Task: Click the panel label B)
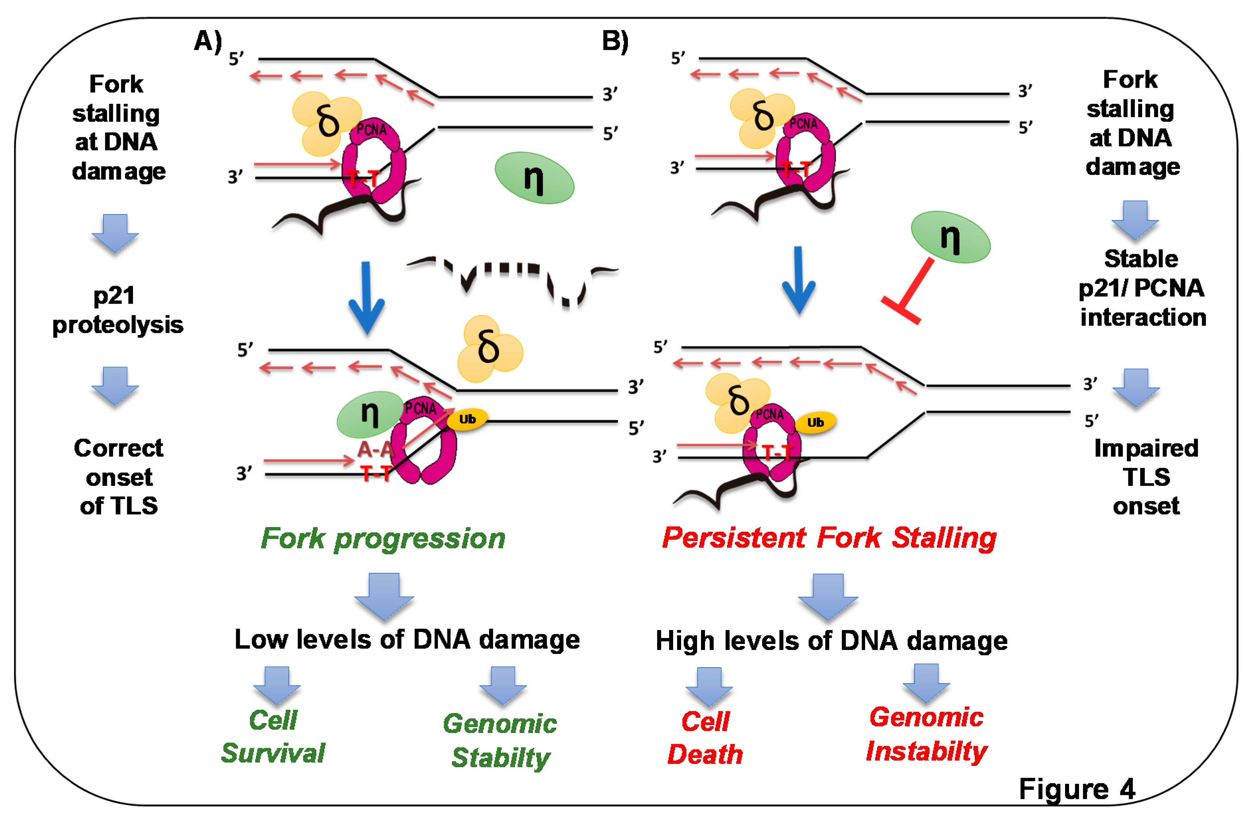pyautogui.click(x=615, y=41)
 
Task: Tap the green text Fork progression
pyautogui.click(x=383, y=538)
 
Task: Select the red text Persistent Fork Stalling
pyautogui.click(x=829, y=538)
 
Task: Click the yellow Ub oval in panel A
pyautogui.click(x=467, y=419)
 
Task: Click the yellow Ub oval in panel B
pyautogui.click(x=815, y=422)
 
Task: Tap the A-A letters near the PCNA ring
pyautogui.click(x=375, y=449)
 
